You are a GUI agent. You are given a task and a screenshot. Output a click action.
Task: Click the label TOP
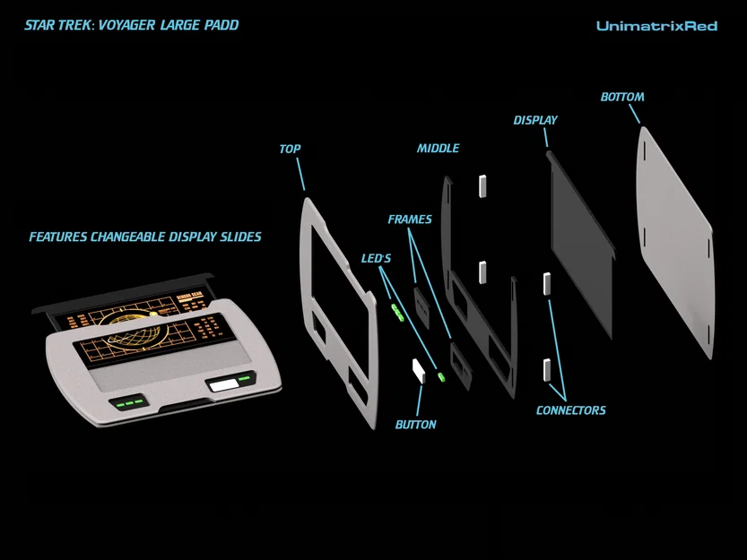pyautogui.click(x=290, y=150)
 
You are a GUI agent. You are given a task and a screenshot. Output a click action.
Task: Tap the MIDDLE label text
pyautogui.click(x=438, y=148)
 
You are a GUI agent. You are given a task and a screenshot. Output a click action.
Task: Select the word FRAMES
pyautogui.click(x=410, y=220)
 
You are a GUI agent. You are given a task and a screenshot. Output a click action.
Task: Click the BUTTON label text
pyautogui.click(x=416, y=424)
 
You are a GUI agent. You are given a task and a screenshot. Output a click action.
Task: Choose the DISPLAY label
pyautogui.click(x=535, y=120)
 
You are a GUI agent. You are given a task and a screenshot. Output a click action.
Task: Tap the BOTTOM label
pyautogui.click(x=622, y=97)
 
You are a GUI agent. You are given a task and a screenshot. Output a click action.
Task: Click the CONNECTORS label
pyautogui.click(x=570, y=410)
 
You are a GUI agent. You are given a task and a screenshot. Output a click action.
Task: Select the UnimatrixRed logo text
pyautogui.click(x=656, y=26)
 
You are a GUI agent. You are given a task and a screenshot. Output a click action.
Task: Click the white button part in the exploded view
pyautogui.click(x=419, y=369)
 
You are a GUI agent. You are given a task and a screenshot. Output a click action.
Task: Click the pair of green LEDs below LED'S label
pyautogui.click(x=397, y=313)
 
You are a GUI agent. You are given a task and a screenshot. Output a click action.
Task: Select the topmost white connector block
pyautogui.click(x=482, y=185)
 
